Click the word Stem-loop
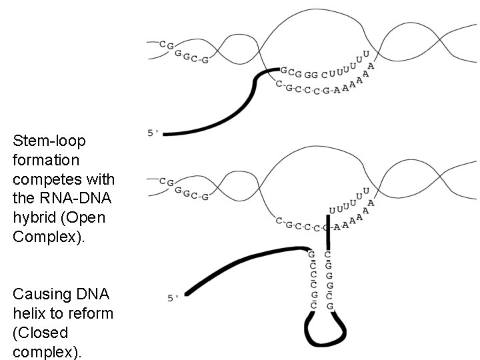pos(49,141)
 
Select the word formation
pos(46,161)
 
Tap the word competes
pos(51,180)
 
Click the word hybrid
pos(32,218)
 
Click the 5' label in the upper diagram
pos(153,133)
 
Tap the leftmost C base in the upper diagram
pos(163,43)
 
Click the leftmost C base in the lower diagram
pos(163,180)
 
